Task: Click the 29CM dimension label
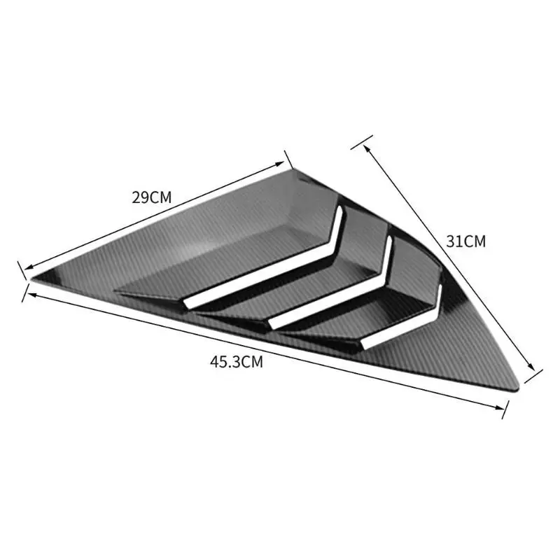[x=152, y=197]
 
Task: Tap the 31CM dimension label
[x=466, y=241]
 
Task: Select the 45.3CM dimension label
[x=236, y=362]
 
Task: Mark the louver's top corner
[x=293, y=170]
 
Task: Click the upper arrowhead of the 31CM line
[x=365, y=148]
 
